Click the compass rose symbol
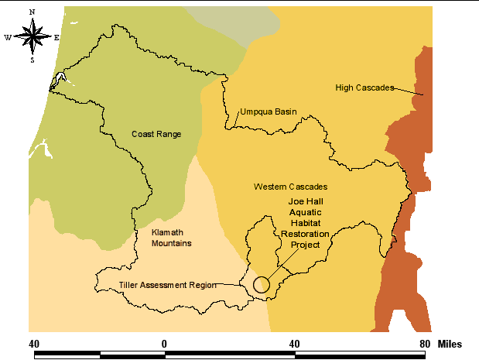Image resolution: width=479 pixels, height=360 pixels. [33, 36]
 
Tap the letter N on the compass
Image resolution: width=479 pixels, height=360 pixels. [33, 12]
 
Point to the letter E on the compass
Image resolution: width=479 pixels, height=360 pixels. [56, 36]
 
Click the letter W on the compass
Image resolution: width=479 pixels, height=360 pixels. [8, 36]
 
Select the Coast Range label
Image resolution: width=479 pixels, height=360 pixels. [156, 134]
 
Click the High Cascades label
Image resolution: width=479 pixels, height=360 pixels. [364, 87]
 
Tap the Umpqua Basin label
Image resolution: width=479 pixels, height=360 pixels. [269, 111]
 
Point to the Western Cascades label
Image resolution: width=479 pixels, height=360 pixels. [290, 187]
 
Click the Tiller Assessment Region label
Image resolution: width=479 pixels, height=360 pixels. [167, 285]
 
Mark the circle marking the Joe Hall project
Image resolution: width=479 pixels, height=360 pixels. [262, 285]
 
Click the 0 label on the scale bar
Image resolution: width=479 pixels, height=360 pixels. [164, 343]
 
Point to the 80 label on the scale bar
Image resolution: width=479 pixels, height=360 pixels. [425, 343]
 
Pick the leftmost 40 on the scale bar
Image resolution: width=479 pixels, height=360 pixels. [34, 343]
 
